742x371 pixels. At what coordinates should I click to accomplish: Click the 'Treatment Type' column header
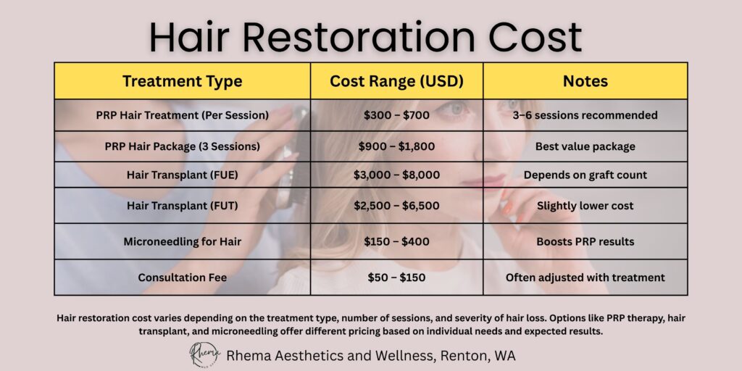point(182,81)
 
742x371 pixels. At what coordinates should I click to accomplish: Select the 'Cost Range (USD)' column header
point(396,81)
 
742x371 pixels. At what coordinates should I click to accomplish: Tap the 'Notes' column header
point(585,81)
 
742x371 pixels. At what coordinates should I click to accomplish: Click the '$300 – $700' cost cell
point(396,115)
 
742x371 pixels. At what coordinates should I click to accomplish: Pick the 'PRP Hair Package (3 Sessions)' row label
point(182,146)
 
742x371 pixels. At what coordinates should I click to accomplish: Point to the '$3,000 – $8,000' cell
point(396,175)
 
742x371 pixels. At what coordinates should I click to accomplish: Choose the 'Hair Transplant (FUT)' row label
point(182,206)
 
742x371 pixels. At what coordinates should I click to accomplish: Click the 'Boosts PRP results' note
point(585,241)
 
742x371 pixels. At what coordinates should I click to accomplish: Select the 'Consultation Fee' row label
point(182,278)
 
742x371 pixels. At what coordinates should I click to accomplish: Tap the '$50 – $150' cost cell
point(396,278)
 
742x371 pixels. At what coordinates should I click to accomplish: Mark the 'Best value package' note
point(585,146)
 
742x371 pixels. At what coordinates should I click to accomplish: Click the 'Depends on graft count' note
point(585,175)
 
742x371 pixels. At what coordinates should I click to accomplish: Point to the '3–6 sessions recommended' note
point(585,115)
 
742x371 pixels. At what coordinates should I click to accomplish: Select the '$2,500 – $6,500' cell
point(396,206)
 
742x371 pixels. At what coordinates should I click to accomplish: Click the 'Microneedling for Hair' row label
point(182,241)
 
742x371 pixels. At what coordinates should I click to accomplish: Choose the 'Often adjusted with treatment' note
point(585,278)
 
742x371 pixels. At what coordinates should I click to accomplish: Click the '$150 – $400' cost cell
point(396,241)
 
